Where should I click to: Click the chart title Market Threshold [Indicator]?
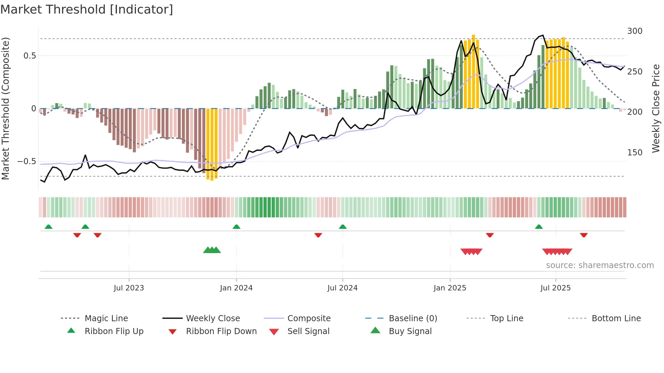(87, 9)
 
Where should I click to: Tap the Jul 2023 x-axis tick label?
(129, 288)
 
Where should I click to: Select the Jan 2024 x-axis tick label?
(236, 288)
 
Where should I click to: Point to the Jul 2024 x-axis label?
(342, 288)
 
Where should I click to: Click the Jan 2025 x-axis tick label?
(450, 288)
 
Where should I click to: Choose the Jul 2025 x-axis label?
(555, 288)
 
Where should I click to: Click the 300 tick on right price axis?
(635, 31)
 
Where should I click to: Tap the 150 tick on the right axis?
(635, 153)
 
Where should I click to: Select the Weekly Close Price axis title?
(656, 108)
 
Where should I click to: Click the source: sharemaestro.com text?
(600, 265)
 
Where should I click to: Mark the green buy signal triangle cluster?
(212, 250)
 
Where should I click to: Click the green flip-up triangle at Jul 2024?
(343, 227)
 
